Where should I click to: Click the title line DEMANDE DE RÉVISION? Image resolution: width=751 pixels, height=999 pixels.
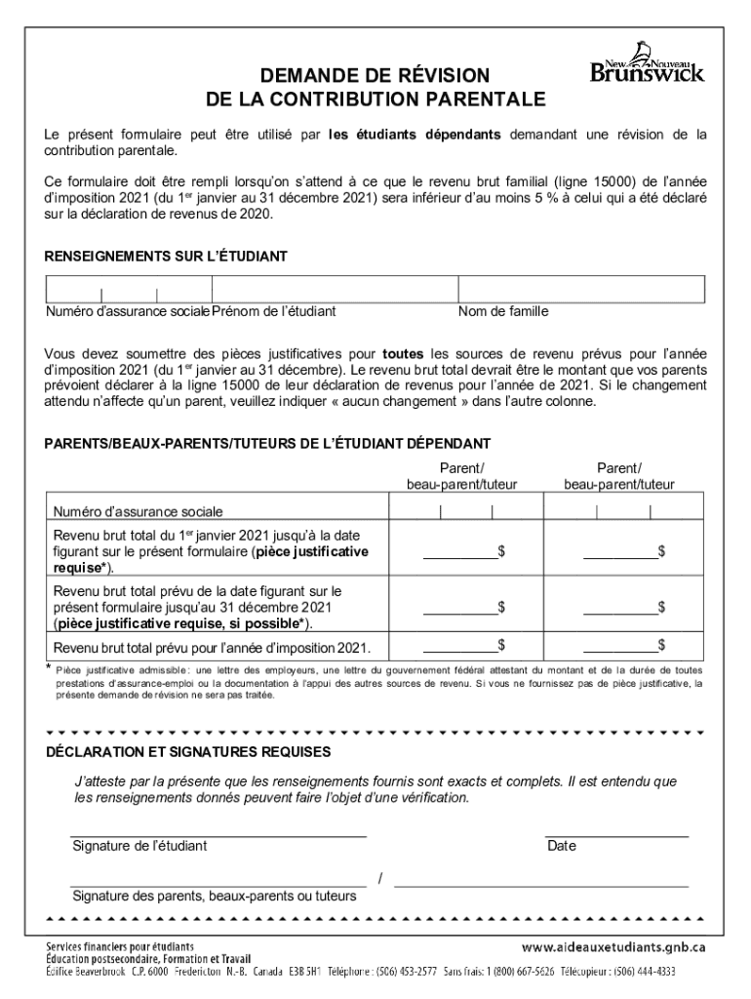(x=375, y=76)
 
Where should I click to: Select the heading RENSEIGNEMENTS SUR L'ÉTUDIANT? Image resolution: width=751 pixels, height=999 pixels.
(x=166, y=256)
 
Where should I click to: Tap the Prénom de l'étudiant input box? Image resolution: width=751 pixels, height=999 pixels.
(x=335, y=290)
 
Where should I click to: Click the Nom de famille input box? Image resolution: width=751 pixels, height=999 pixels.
(x=581, y=290)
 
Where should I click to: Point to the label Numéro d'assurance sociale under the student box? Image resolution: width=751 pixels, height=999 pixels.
(x=128, y=312)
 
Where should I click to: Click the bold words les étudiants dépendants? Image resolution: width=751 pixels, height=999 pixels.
(x=415, y=134)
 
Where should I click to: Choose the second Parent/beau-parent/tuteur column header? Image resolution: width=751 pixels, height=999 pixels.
(x=619, y=476)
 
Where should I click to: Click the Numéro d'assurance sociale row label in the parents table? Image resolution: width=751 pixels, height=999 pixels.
(x=138, y=511)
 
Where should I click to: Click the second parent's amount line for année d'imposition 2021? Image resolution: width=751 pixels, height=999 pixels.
(x=619, y=647)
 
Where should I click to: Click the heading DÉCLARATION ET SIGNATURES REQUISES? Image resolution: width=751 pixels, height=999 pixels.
(x=188, y=751)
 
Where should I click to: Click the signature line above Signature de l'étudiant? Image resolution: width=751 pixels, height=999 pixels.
(x=218, y=836)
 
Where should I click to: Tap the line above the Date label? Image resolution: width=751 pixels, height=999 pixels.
(x=616, y=836)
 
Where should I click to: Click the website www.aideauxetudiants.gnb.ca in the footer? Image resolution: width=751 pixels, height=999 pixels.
(x=613, y=947)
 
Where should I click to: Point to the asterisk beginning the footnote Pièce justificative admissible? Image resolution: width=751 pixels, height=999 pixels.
(x=49, y=668)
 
